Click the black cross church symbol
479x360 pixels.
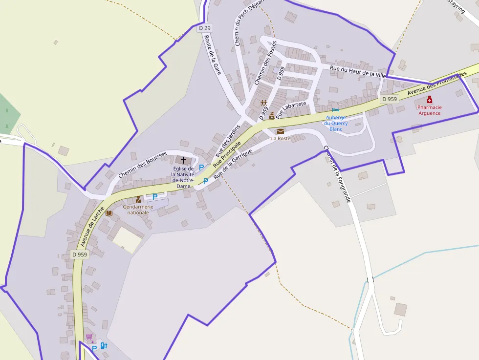tap(183, 160)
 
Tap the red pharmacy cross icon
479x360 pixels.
tap(429, 100)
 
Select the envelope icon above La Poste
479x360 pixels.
tap(280, 131)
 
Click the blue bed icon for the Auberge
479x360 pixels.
tap(335, 110)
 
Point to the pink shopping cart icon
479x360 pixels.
tap(89, 337)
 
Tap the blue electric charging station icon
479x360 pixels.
tap(103, 346)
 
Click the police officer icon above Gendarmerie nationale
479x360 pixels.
tap(138, 199)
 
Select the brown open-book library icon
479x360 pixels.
tap(109, 213)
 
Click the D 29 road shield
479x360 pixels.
tap(205, 28)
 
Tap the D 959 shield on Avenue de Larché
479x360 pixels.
tap(79, 254)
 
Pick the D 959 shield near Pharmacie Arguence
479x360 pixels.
tap(390, 99)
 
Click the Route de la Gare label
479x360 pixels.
tap(213, 54)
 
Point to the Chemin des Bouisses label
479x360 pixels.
tap(142, 165)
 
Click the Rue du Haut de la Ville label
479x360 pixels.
tap(358, 72)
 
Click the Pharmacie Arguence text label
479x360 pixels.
tap(429, 110)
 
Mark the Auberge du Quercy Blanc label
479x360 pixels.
tap(335, 123)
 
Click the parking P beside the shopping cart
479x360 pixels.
tap(94, 348)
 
